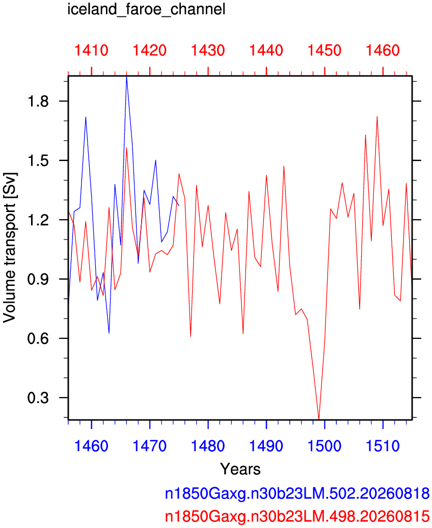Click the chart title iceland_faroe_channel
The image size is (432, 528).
147,10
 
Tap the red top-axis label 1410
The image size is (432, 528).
91,50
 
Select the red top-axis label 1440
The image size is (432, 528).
266,50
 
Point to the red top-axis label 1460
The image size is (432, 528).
383,50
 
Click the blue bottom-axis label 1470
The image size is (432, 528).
149,446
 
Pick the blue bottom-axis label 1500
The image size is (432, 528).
325,446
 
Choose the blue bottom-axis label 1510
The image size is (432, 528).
383,446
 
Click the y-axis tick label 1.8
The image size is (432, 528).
38,101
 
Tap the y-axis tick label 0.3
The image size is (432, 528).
38,398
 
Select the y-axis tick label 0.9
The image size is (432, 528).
38,279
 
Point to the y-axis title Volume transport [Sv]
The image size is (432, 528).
10,248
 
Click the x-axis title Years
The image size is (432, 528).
240,469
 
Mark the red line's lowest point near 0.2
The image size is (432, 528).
319,419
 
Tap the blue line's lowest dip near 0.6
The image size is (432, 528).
109,333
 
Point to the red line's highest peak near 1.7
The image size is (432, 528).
377,117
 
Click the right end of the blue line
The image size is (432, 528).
179,206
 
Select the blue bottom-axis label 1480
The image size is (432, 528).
208,446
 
